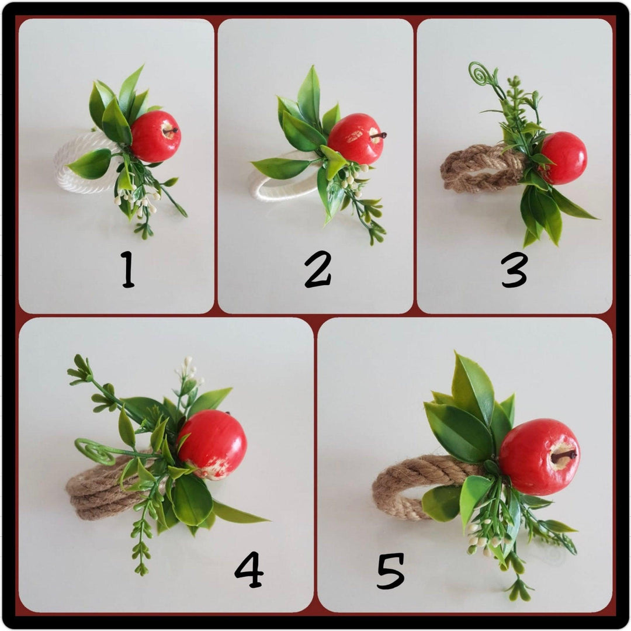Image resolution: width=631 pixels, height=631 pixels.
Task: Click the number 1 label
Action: coord(128,269)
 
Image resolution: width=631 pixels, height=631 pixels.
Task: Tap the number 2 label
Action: coord(318,269)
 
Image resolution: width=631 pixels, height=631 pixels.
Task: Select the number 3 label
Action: coord(514,269)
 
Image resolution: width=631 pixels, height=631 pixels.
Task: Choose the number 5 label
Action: coord(390,571)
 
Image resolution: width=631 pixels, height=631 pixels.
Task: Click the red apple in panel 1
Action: coord(156,136)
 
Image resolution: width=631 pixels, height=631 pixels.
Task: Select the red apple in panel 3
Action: coord(563,158)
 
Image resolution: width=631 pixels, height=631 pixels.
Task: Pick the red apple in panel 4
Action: coord(212,445)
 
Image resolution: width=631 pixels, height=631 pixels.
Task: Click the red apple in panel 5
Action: coord(539,457)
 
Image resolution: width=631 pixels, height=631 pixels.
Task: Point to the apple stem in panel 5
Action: coord(563,456)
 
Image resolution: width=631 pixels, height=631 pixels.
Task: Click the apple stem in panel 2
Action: coord(379,136)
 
